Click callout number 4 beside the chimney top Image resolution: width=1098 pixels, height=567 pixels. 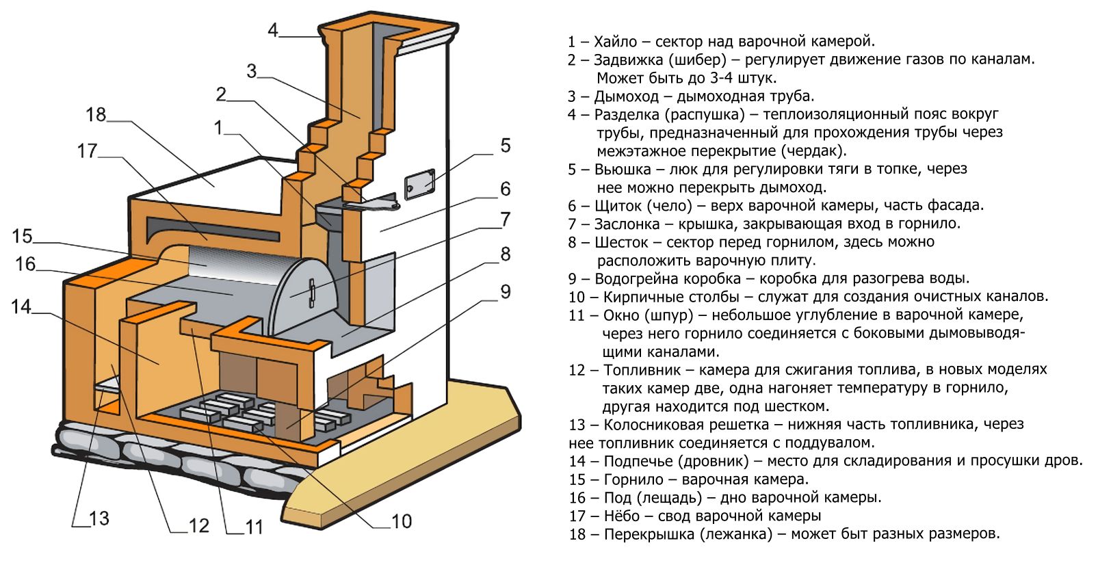pyautogui.click(x=273, y=30)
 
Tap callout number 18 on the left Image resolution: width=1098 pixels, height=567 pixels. pyautogui.click(x=96, y=114)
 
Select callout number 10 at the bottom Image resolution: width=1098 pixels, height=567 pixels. pyautogui.click(x=401, y=521)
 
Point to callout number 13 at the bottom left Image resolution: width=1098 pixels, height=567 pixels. pyautogui.click(x=99, y=518)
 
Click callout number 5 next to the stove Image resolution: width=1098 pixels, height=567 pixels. pyautogui.click(x=505, y=145)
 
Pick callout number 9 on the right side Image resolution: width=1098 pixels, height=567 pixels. pyautogui.click(x=505, y=291)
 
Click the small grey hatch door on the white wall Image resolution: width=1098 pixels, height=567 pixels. pyautogui.click(x=419, y=183)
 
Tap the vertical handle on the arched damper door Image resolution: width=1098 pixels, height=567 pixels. pyautogui.click(x=312, y=291)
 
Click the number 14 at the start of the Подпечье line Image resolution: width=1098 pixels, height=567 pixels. pyautogui.click(x=577, y=461)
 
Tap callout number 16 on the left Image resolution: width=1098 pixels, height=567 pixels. pyautogui.click(x=25, y=264)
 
